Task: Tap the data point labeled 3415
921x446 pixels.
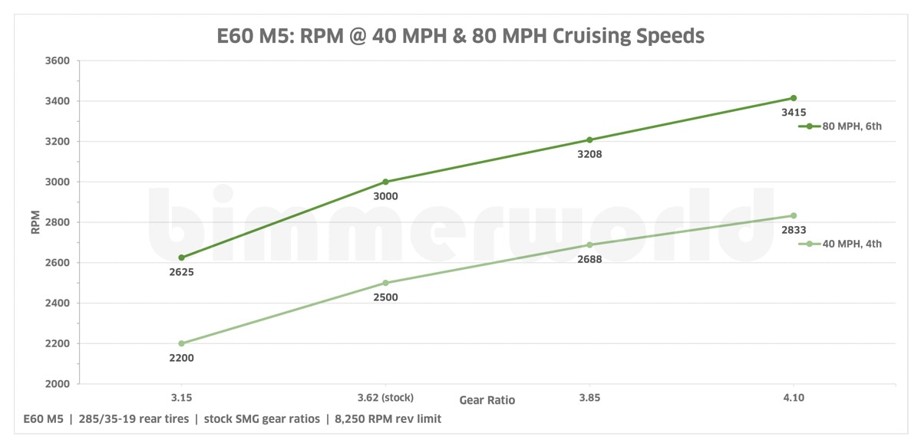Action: [x=794, y=98]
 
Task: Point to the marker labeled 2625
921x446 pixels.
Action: [x=181, y=257]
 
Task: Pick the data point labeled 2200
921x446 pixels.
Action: [x=181, y=343]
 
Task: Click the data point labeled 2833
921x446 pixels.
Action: [x=794, y=215]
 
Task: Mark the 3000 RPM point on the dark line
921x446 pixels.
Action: [x=385, y=182]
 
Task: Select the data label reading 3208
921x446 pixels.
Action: [x=589, y=154]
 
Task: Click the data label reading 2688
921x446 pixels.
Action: [x=589, y=259]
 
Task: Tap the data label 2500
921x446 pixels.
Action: [x=385, y=297]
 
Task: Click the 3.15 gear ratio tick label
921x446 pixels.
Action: [x=181, y=397]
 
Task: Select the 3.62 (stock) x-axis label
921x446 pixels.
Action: [x=385, y=397]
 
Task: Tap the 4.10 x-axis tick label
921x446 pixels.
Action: [x=794, y=397]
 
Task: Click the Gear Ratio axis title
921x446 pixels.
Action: [x=487, y=400]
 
